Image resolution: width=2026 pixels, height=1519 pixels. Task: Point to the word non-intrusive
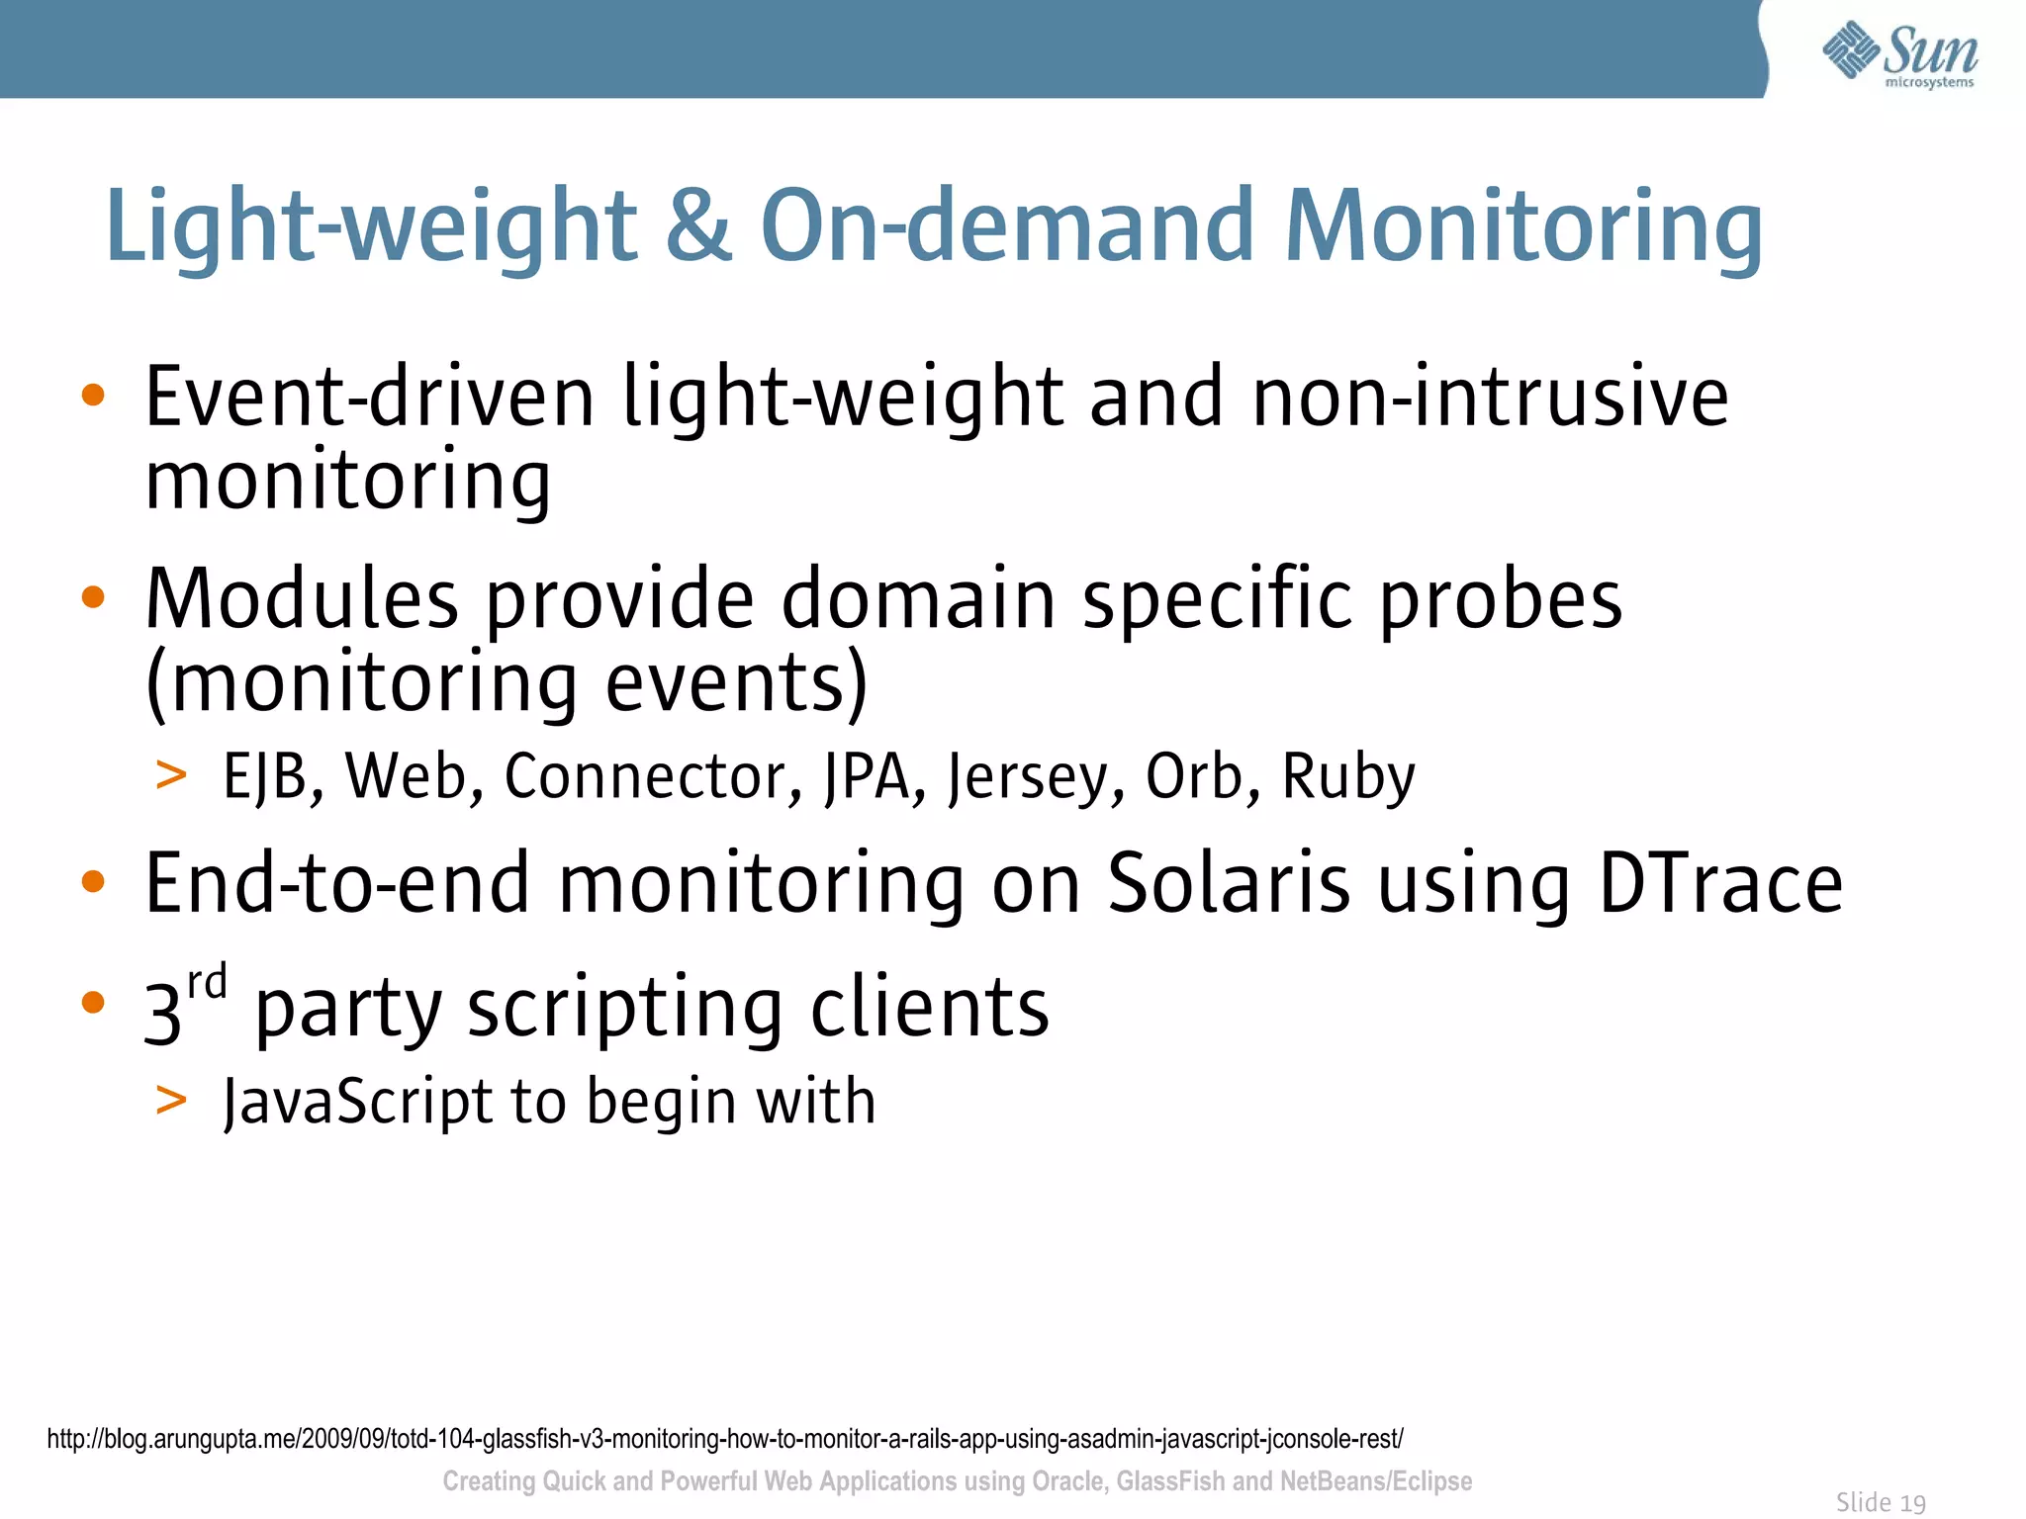[x=1490, y=398]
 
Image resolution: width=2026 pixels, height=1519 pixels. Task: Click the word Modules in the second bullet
[x=302, y=600]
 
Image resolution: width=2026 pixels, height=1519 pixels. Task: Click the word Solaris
[x=1229, y=883]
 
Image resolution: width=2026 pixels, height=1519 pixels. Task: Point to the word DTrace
[x=1720, y=883]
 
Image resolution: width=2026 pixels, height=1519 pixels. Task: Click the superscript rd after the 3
[x=208, y=983]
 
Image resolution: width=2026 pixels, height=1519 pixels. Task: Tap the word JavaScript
[x=356, y=1103]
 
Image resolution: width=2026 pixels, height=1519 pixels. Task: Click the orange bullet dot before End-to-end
[x=93, y=880]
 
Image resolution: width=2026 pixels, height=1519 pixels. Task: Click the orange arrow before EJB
[x=171, y=775]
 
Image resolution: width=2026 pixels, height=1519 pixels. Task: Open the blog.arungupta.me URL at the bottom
[x=724, y=1439]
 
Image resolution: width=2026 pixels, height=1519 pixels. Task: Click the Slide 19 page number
[x=1880, y=1502]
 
